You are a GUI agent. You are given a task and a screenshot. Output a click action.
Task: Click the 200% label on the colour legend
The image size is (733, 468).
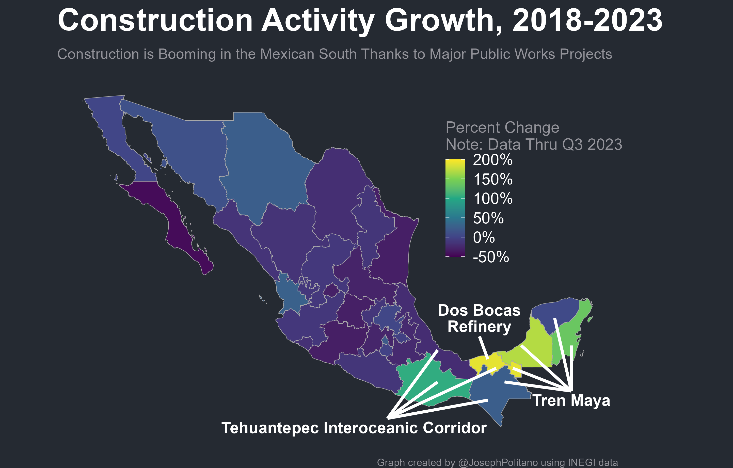pos(492,160)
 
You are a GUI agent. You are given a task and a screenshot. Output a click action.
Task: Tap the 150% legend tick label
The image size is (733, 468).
pos(492,179)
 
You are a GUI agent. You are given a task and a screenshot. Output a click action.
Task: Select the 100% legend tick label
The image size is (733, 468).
pos(492,199)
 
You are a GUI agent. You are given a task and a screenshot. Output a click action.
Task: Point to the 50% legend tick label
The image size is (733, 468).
pos(488,218)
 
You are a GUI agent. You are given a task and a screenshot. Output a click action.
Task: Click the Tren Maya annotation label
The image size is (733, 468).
pos(571,400)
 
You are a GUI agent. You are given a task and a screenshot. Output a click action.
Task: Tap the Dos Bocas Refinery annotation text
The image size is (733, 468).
pos(479,319)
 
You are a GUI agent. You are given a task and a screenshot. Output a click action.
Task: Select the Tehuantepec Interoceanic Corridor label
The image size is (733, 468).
pos(354,428)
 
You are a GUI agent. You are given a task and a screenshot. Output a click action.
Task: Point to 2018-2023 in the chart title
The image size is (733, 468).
pos(587,21)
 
